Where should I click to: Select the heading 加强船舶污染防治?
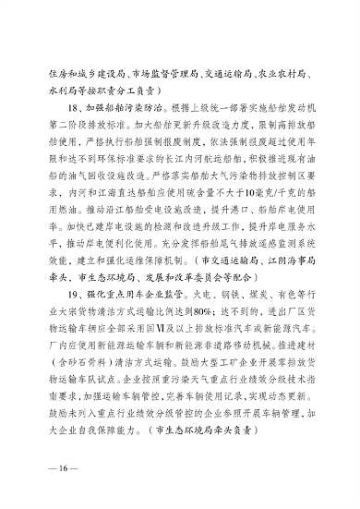108,109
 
